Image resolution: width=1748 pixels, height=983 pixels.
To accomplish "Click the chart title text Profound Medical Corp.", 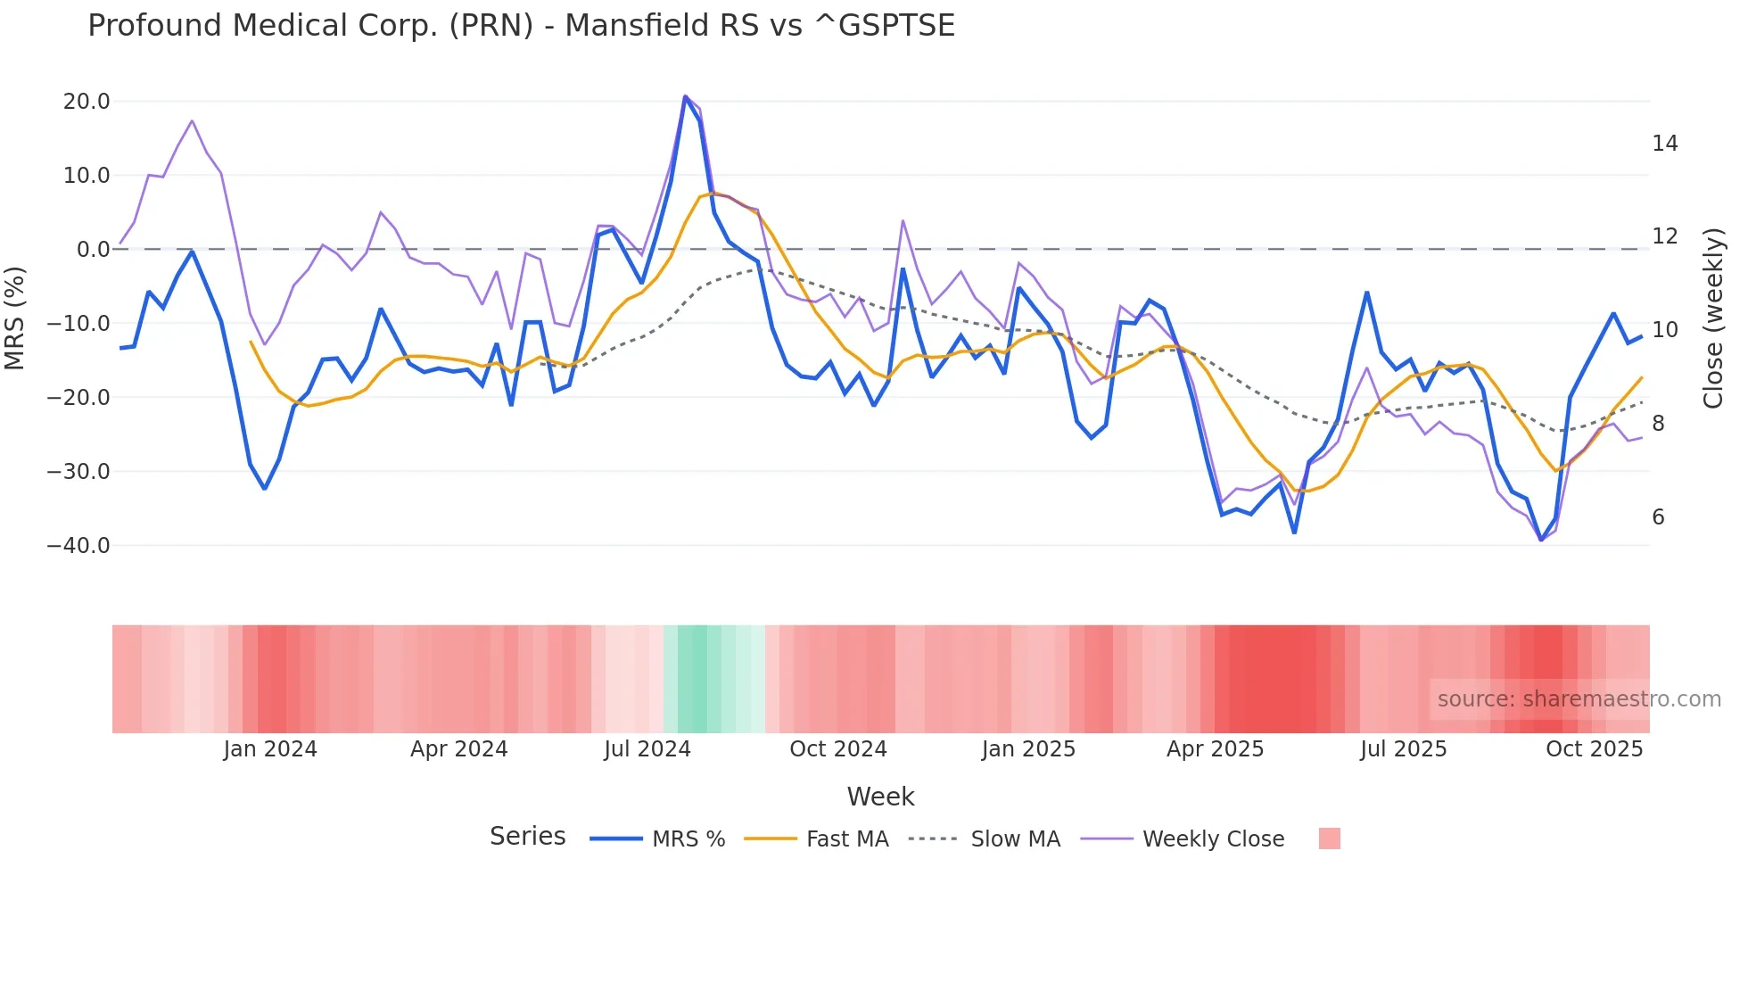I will tap(521, 25).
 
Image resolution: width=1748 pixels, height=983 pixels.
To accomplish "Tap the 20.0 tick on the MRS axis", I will tap(87, 101).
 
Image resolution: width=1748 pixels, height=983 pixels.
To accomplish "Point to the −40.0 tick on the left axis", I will tap(79, 545).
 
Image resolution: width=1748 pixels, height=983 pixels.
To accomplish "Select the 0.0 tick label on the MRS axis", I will tap(93, 249).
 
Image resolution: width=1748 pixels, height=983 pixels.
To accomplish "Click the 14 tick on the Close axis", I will tap(1664, 143).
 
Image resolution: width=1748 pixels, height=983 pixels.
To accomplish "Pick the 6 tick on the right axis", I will tap(1658, 516).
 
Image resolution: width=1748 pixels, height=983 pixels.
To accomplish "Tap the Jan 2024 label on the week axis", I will tap(270, 748).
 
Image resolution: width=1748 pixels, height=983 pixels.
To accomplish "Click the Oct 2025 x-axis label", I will tap(1594, 748).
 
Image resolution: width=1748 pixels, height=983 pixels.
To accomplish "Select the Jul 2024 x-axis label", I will tap(647, 748).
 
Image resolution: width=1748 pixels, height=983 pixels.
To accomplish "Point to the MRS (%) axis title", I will tap(15, 318).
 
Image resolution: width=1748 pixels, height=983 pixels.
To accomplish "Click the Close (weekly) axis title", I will tap(1713, 318).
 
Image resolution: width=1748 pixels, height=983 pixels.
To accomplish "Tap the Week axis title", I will tap(880, 796).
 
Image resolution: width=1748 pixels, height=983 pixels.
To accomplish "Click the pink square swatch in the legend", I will tap(1329, 838).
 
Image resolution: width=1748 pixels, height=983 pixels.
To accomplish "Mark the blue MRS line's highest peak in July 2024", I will tap(685, 96).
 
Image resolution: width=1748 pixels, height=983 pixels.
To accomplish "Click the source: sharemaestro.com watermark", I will tap(1579, 698).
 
